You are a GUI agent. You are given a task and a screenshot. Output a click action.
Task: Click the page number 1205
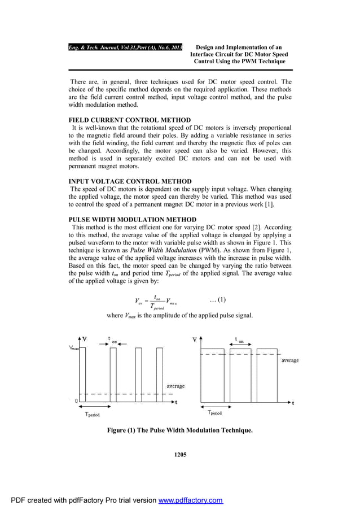(179, 454)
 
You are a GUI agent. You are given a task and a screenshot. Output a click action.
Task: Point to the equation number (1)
(217, 299)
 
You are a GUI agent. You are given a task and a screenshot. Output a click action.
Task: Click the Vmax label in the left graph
(74, 348)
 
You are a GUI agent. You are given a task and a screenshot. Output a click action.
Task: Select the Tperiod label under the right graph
(213, 413)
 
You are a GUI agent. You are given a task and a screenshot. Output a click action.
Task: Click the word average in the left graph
(175, 386)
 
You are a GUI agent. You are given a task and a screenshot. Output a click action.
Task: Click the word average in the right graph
(289, 360)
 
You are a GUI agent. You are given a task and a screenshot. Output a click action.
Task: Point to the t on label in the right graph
(239, 340)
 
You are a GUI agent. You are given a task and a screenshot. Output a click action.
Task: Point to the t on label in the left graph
(113, 340)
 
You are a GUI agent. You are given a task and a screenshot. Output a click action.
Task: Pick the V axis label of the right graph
(195, 340)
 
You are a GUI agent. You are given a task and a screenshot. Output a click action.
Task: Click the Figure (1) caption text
(179, 430)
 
